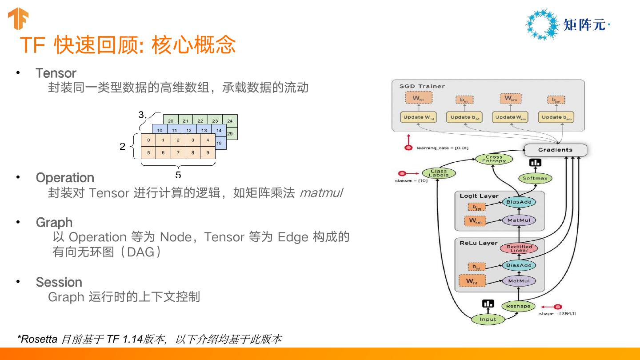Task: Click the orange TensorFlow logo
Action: pyautogui.click(x=18, y=19)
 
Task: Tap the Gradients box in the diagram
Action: pyautogui.click(x=555, y=150)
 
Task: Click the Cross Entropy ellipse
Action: pyautogui.click(x=494, y=159)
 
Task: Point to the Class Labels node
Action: pyautogui.click(x=438, y=173)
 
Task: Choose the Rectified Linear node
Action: pyautogui.click(x=519, y=249)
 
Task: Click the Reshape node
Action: pyautogui.click(x=518, y=306)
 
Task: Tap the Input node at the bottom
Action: pyautogui.click(x=488, y=319)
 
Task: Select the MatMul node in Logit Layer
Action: pyautogui.click(x=519, y=220)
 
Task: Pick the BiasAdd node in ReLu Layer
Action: pyautogui.click(x=519, y=265)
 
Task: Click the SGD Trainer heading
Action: pyautogui.click(x=422, y=86)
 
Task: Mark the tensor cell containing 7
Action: pyautogui.click(x=178, y=153)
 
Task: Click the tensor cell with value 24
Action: pyautogui.click(x=230, y=121)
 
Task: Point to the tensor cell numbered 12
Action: pyautogui.click(x=189, y=130)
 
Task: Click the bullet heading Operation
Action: pyautogui.click(x=65, y=178)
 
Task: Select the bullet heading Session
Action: pyautogui.click(x=59, y=282)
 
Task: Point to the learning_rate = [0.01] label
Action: pyautogui.click(x=442, y=148)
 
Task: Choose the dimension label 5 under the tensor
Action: pyautogui.click(x=178, y=175)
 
